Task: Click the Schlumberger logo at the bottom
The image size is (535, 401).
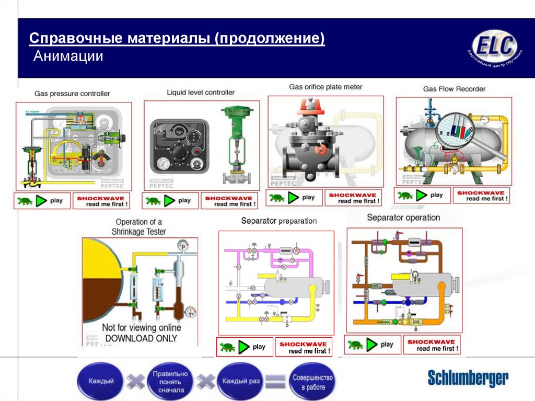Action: coord(468,377)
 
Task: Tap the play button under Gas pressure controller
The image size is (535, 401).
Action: coord(42,200)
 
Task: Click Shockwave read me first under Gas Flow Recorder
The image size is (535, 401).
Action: coord(481,196)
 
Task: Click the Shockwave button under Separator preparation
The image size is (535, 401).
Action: coord(303,348)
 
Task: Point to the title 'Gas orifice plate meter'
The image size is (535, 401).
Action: coord(325,87)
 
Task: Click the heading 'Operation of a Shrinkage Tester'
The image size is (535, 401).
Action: coord(138,226)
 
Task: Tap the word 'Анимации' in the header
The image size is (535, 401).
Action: coord(68,56)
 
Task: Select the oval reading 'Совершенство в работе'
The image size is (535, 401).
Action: coord(312,382)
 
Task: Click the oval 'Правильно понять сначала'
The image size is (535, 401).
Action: coord(170,382)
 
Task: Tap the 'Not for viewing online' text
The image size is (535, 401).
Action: coord(141,328)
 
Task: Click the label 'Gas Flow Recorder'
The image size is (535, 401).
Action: coord(454,89)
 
